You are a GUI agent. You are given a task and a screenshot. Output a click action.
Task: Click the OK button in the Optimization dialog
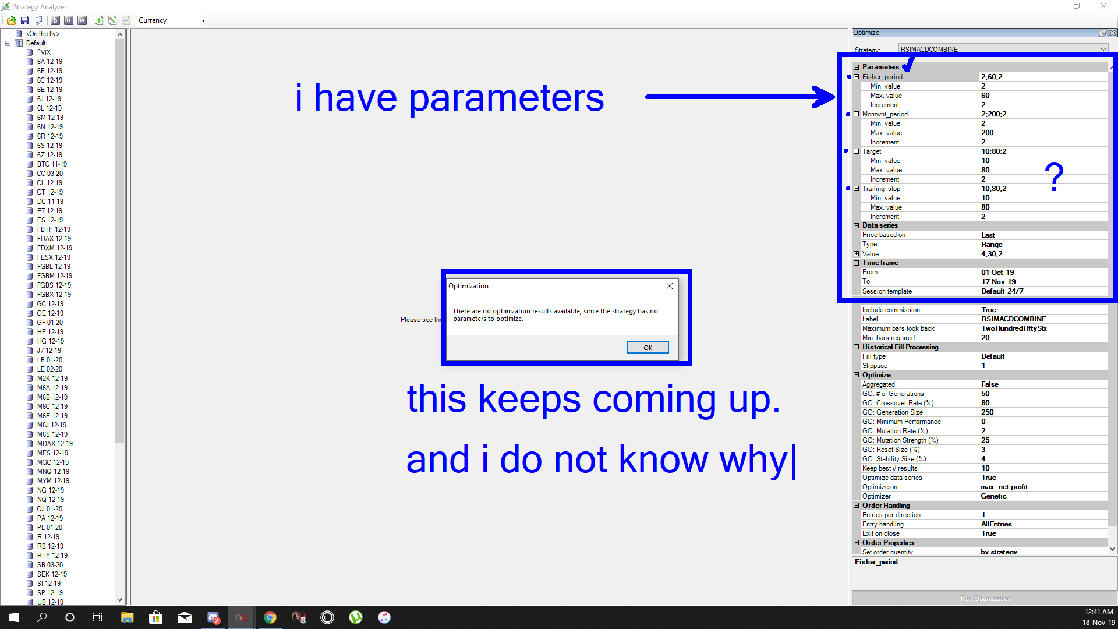[x=648, y=348]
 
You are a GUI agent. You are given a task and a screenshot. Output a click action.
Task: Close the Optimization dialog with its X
[x=670, y=286]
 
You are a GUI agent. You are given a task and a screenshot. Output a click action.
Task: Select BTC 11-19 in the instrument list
[x=52, y=164]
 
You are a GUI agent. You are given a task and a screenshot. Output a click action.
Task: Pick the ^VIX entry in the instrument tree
[x=44, y=52]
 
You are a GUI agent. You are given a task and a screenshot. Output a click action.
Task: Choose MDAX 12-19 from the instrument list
[x=55, y=444]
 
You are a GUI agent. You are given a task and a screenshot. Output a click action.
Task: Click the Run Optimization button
[x=985, y=598]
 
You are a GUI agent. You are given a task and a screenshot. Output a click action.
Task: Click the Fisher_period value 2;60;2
[x=992, y=77]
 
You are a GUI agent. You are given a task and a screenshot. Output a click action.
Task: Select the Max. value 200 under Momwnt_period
[x=987, y=133]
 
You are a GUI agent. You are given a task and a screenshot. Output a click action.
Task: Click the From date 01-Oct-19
[x=997, y=273]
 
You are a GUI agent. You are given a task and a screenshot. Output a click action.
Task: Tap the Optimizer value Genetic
[x=993, y=496]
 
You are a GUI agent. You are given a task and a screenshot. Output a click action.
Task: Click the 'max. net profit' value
[x=1004, y=487]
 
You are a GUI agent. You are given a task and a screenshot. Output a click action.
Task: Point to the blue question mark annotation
[x=1054, y=177]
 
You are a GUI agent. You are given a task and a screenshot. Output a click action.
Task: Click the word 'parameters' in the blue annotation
[x=507, y=99]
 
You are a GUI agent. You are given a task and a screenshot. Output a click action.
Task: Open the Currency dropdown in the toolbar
[x=172, y=20]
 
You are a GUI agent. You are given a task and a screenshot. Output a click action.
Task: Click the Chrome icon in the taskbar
[x=270, y=617]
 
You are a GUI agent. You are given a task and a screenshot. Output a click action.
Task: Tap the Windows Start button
[x=14, y=617]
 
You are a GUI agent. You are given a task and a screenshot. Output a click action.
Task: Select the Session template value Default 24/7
[x=1002, y=291]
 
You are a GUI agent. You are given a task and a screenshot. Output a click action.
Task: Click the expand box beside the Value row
[x=856, y=254]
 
